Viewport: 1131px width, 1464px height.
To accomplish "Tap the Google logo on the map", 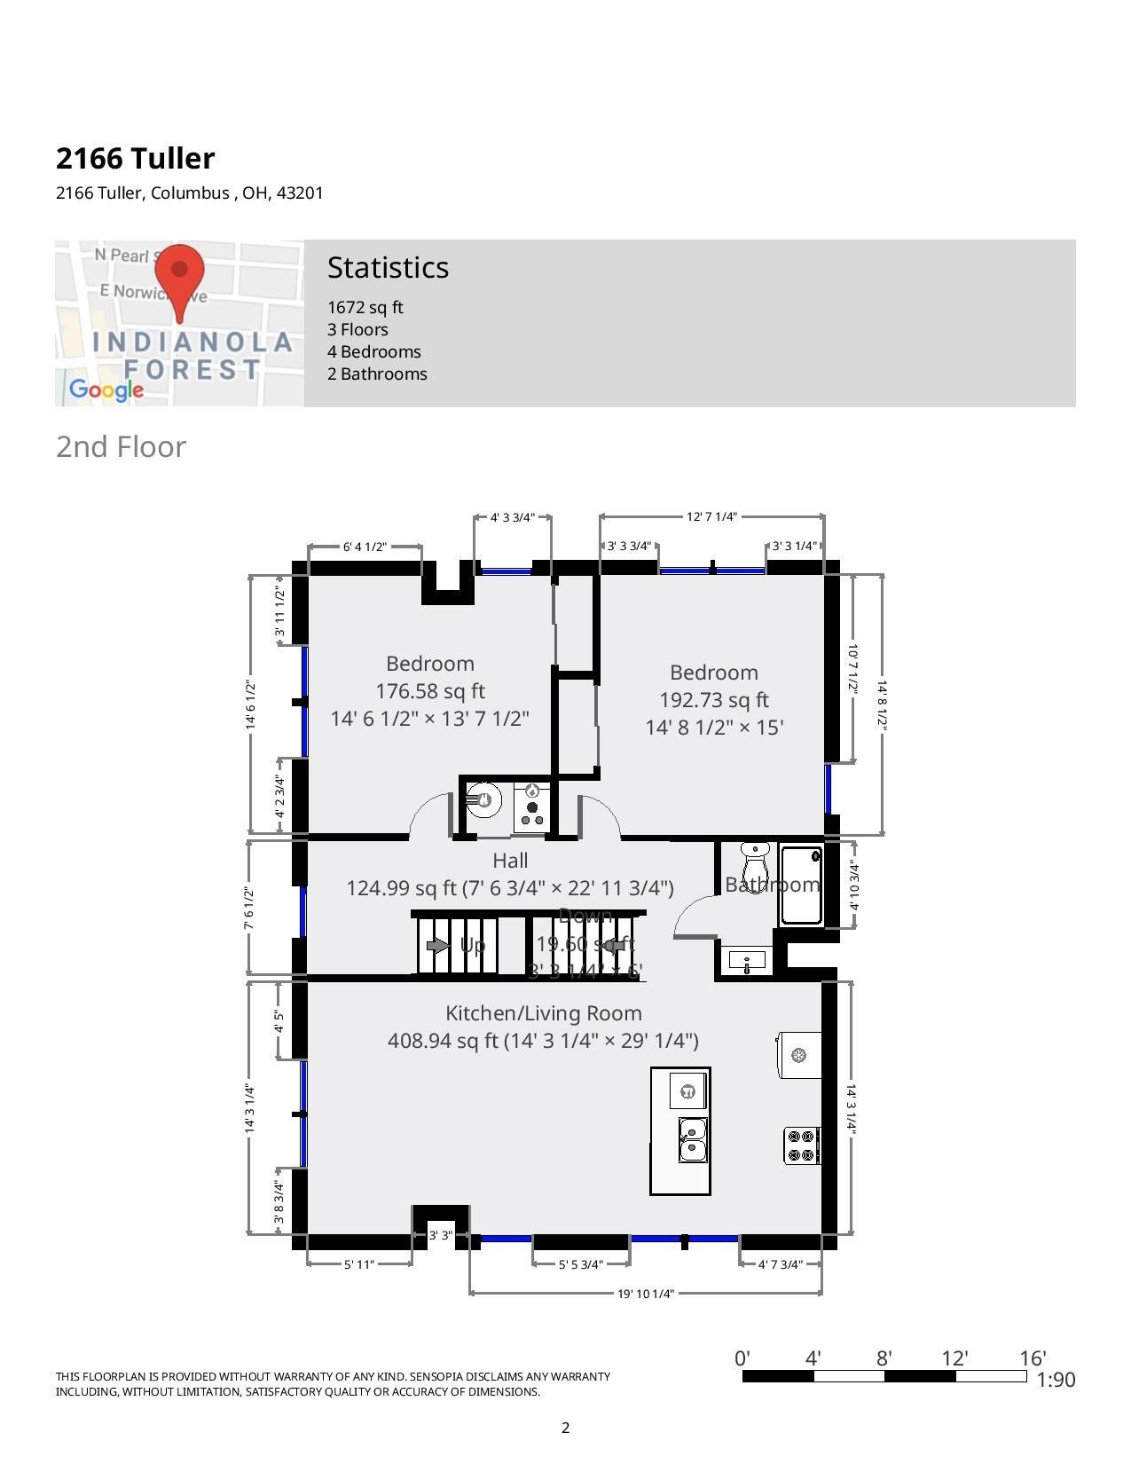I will point(106,390).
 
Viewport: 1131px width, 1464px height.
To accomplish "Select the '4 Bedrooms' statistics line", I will point(373,351).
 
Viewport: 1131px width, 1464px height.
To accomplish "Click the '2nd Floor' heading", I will point(121,446).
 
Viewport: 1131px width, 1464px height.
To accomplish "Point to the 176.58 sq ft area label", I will point(429,691).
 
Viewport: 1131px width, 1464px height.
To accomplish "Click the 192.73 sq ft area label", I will point(713,700).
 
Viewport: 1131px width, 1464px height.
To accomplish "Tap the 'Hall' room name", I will point(510,860).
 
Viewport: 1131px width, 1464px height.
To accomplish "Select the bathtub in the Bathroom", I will point(800,885).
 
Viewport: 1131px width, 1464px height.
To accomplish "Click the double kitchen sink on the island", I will point(693,1139).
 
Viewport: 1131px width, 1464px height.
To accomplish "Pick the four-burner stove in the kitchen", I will point(801,1145).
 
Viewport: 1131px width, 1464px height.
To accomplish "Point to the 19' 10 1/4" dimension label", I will point(646,1293).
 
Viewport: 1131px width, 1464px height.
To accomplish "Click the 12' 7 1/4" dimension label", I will point(711,516).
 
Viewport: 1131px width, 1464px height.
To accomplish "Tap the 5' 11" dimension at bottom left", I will point(359,1264).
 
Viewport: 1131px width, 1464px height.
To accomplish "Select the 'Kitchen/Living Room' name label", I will point(543,1013).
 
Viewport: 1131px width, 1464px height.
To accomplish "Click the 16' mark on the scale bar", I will point(1033,1358).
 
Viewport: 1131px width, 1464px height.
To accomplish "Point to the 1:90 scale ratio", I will point(1056,1380).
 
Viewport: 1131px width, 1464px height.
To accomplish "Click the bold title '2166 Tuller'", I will point(135,158).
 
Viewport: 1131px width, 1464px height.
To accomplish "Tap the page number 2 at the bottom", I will point(565,1428).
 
